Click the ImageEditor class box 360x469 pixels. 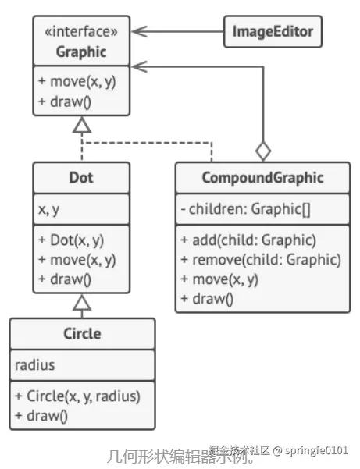click(273, 32)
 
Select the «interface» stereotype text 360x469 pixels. click(81, 32)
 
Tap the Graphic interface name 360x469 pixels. click(81, 52)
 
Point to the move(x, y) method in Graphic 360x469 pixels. click(76, 81)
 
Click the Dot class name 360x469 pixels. click(81, 178)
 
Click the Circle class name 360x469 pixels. click(81, 333)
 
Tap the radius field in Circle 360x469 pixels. click(36, 365)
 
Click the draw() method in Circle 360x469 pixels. click(41, 415)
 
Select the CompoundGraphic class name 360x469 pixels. click(262, 178)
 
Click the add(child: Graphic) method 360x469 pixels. click(249, 240)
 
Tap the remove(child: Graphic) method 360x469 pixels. click(260, 259)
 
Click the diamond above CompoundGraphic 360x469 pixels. click(264, 150)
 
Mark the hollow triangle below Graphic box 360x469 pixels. click(82, 125)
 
